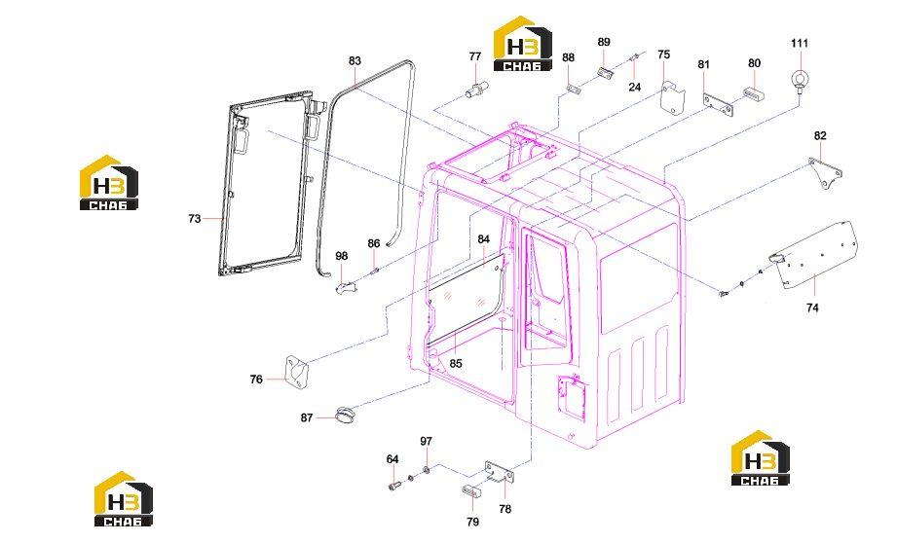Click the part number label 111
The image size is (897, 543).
pos(800,44)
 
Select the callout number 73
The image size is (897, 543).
pos(195,218)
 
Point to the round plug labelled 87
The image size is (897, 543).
pos(345,415)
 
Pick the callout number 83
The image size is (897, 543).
pos(355,61)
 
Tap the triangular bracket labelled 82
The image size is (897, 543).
pos(826,172)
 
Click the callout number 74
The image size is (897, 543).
pos(812,308)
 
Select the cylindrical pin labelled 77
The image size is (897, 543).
pos(476,90)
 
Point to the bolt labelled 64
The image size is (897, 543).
pos(393,486)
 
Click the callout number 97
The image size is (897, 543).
pos(427,441)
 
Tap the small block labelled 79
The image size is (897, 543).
pos(469,489)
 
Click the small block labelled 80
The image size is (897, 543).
pos(754,93)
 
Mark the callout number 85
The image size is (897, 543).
pos(456,364)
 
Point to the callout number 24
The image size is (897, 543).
pos(634,87)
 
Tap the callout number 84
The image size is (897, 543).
pos(484,239)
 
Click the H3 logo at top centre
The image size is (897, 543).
pos(523,44)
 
